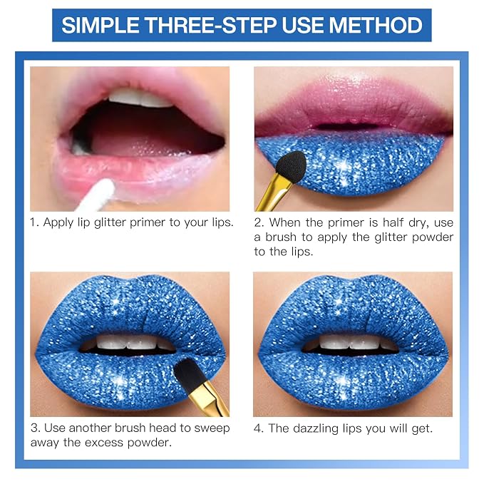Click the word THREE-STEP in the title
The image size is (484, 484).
coord(210,26)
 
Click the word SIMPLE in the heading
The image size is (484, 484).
coord(101,26)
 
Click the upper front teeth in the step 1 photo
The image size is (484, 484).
coord(140,98)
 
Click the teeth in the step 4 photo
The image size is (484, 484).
coord(352,342)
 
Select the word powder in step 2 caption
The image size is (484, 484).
coord(433,237)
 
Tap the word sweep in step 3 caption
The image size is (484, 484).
coord(212,428)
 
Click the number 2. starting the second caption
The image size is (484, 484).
coord(259,223)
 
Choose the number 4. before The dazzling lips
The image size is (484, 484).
coord(259,428)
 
